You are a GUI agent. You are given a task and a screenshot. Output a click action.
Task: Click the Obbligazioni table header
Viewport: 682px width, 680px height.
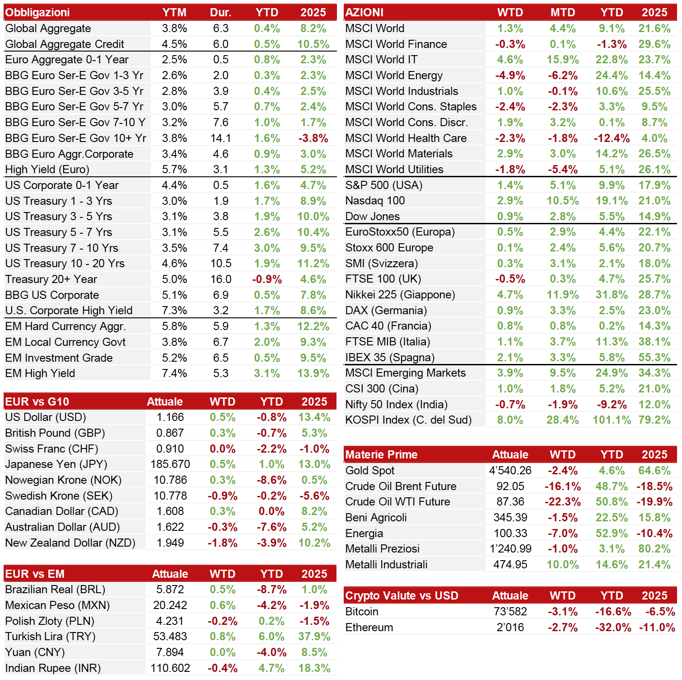[x=37, y=13]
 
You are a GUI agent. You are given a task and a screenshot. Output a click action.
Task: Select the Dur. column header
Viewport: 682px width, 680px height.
[x=221, y=13]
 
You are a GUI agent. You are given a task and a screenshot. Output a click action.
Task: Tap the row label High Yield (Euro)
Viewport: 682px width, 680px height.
[x=47, y=170]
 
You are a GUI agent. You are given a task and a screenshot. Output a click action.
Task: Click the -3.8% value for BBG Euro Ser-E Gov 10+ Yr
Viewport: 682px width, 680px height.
[x=313, y=138]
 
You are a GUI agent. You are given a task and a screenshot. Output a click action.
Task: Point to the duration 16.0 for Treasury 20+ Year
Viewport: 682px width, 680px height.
[x=221, y=279]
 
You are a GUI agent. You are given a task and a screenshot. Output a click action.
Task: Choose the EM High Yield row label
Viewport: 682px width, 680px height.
[x=40, y=373]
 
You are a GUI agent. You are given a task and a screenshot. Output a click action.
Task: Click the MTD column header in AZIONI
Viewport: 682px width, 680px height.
[x=563, y=13]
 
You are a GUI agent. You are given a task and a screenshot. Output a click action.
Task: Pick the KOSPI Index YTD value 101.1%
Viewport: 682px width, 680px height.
[x=612, y=420]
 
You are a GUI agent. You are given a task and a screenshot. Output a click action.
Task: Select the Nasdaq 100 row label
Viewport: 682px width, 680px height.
[x=375, y=201]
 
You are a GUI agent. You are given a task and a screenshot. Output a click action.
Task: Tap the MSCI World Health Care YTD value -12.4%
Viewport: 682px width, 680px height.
[x=612, y=138]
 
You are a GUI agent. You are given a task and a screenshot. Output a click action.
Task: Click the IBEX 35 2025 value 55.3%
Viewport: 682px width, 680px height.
[x=654, y=358]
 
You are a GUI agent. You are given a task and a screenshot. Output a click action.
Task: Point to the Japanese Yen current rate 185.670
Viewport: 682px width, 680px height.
[x=170, y=464]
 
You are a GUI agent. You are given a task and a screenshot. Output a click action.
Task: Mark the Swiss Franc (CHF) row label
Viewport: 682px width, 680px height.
[x=52, y=449]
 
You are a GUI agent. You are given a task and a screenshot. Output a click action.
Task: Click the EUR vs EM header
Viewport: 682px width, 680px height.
[x=35, y=574]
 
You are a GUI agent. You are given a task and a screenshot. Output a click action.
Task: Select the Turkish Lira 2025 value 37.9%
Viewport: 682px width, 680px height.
[x=314, y=637]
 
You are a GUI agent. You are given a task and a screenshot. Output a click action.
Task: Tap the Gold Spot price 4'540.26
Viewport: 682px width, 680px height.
[x=510, y=471]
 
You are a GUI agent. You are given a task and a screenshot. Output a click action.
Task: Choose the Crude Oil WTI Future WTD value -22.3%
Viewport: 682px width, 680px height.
[x=563, y=502]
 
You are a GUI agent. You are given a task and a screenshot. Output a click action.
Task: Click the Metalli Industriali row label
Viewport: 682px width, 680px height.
[x=387, y=565]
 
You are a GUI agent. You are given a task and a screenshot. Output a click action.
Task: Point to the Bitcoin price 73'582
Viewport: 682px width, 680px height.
[x=510, y=612]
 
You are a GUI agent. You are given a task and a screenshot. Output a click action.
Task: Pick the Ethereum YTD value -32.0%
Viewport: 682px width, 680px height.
[x=613, y=628]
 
